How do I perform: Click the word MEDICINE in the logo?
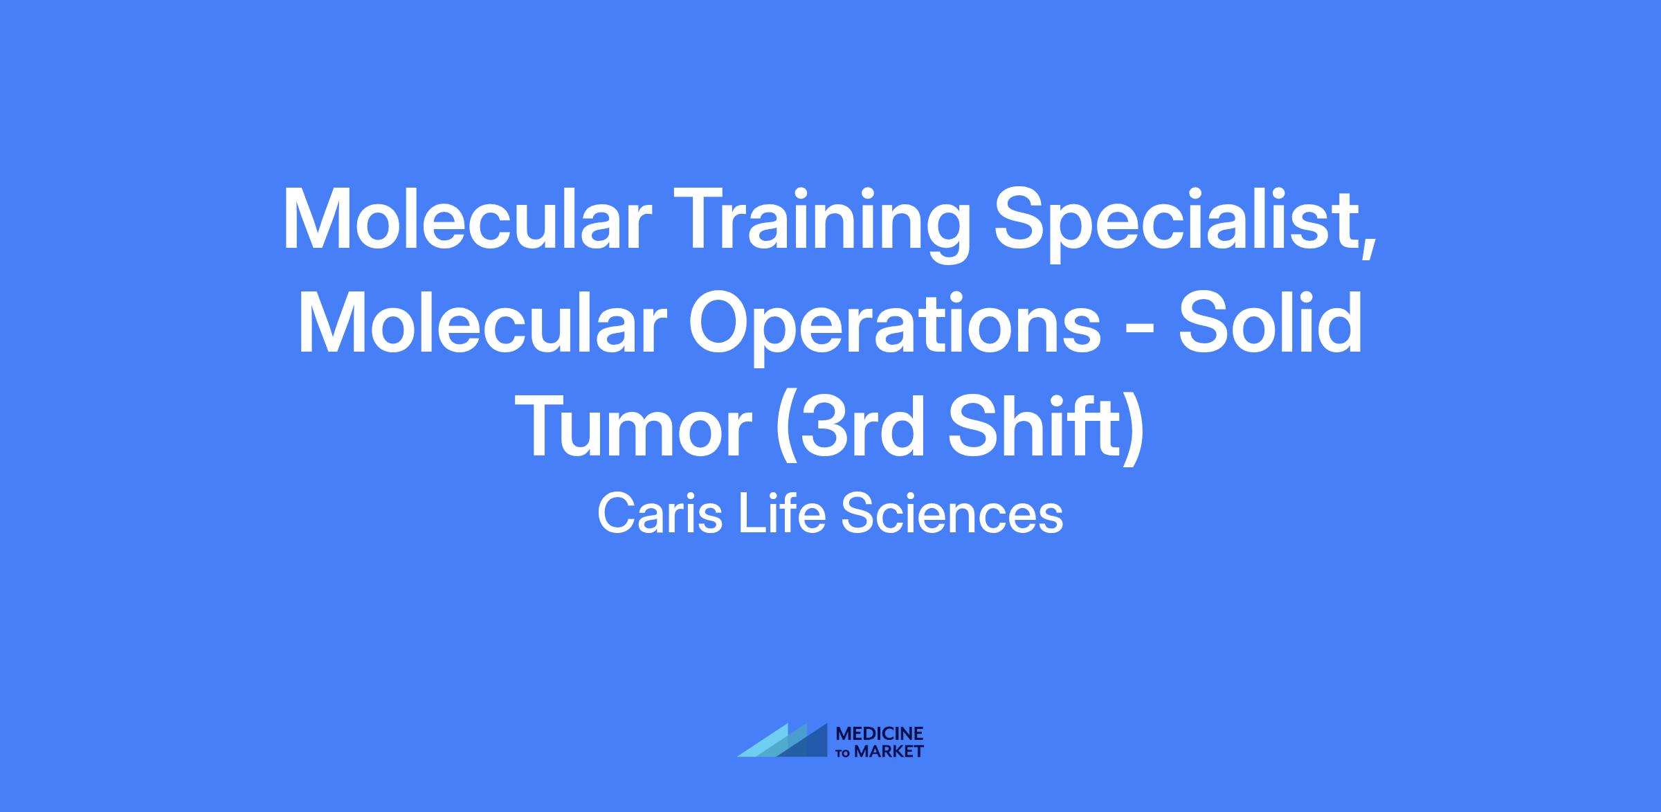click(880, 733)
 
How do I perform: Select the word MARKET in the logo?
click(889, 751)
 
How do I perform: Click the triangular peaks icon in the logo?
click(782, 741)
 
